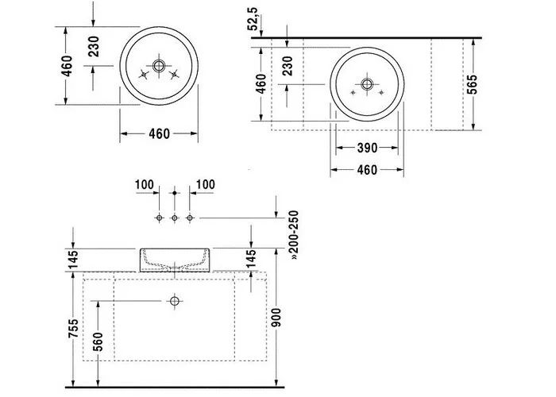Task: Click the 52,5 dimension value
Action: click(253, 18)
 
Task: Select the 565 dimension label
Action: click(473, 83)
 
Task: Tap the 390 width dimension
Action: click(366, 148)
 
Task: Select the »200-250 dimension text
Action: click(292, 237)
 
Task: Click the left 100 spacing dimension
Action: click(144, 185)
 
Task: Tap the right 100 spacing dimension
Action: click(205, 185)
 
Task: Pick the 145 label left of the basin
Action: click(72, 260)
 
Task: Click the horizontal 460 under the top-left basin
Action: click(159, 134)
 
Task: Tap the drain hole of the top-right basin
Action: click(367, 83)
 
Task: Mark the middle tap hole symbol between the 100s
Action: click(174, 218)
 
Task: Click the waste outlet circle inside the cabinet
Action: click(174, 301)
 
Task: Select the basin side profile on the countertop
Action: click(174, 260)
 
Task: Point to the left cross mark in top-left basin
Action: click(144, 76)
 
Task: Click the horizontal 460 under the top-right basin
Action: click(366, 170)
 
